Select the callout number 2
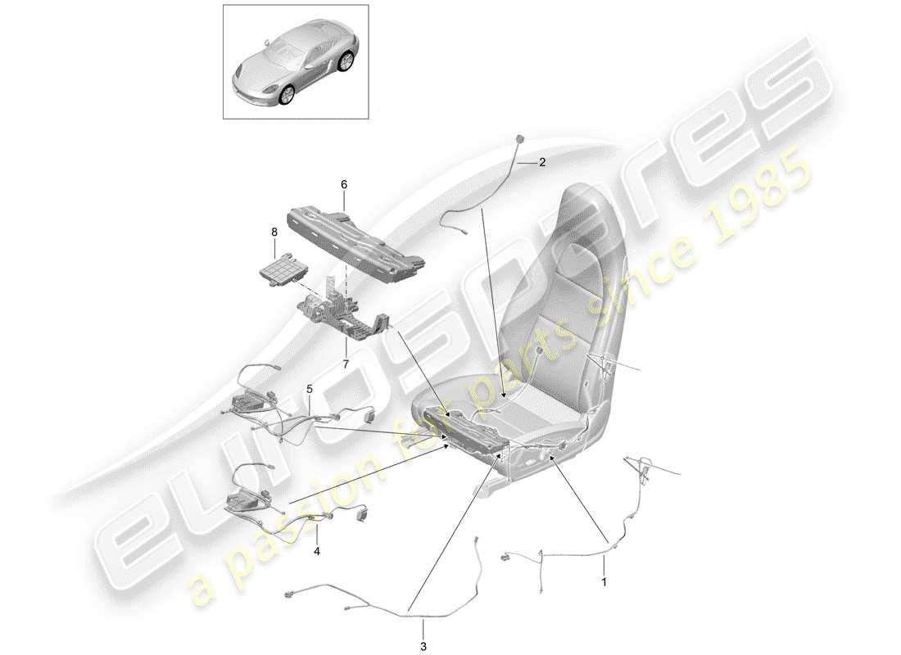(541, 163)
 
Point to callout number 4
(317, 551)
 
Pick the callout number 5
(310, 389)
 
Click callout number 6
(344, 185)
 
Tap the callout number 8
(274, 233)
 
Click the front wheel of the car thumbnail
(286, 96)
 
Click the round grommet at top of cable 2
(520, 137)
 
